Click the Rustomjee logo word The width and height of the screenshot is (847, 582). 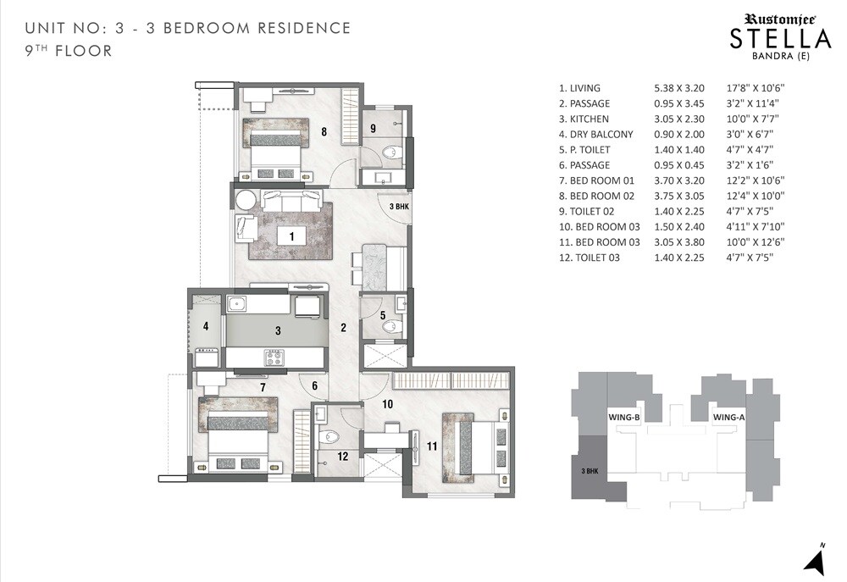(x=778, y=17)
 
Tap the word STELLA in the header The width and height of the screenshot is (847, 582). (x=780, y=39)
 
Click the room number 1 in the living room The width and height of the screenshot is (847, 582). (x=291, y=237)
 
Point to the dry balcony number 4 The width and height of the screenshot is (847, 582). (x=205, y=325)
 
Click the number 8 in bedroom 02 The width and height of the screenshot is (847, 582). (x=324, y=131)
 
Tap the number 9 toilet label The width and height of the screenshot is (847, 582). (x=372, y=128)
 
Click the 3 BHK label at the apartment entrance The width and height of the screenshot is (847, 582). (x=399, y=206)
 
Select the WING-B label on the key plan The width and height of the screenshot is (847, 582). (x=623, y=418)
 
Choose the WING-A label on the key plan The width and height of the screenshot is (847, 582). (x=728, y=418)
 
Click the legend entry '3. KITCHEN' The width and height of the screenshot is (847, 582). (x=584, y=119)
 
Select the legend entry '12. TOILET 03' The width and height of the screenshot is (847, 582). (x=590, y=257)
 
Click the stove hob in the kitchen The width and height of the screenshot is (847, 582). (x=274, y=358)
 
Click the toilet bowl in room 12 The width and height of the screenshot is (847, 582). (x=332, y=436)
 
